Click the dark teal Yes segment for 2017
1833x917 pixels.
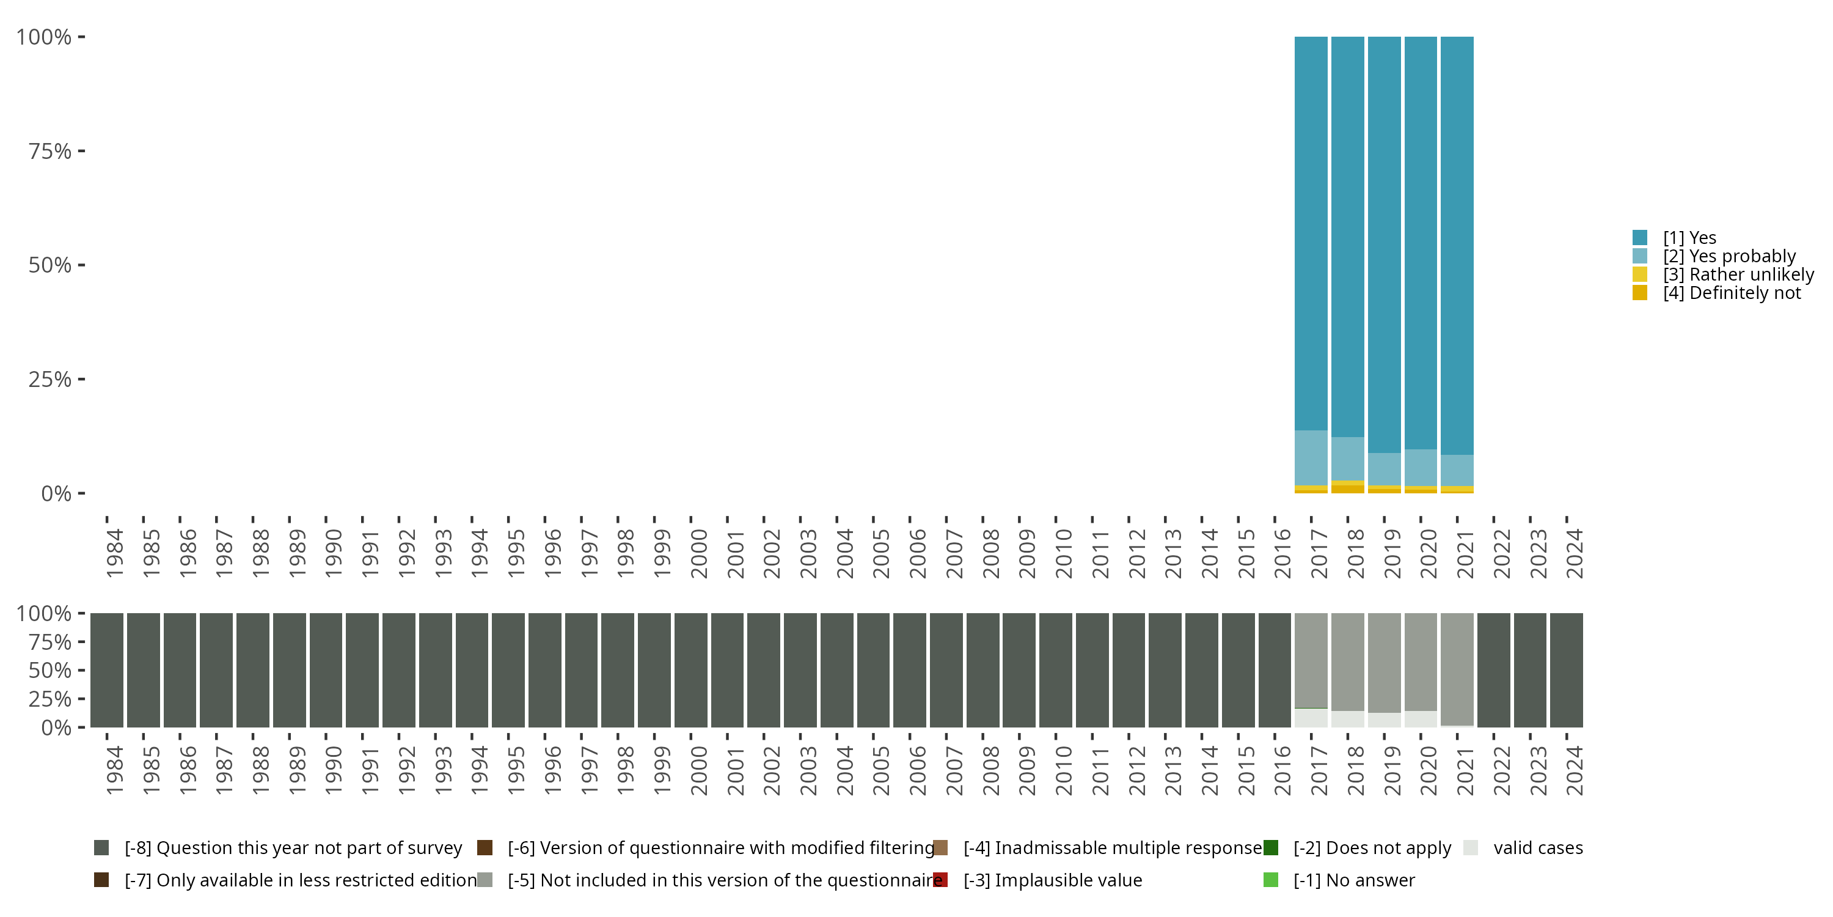1311,235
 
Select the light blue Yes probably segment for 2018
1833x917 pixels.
1348,459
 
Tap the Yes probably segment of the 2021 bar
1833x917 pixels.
1457,471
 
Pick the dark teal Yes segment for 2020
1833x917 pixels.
1421,242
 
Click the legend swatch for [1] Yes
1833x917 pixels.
1639,238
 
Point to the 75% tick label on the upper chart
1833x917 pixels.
50,152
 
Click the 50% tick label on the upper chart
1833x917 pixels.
50,265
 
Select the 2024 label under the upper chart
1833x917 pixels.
1575,553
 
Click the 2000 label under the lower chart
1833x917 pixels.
699,770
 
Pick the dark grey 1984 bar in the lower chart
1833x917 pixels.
107,670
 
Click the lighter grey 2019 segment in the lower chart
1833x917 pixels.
1384,662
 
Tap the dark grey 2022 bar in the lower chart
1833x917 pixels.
1493,670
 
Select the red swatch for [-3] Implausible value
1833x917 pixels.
940,880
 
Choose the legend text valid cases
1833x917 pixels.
1538,848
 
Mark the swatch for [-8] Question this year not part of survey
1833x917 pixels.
101,848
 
